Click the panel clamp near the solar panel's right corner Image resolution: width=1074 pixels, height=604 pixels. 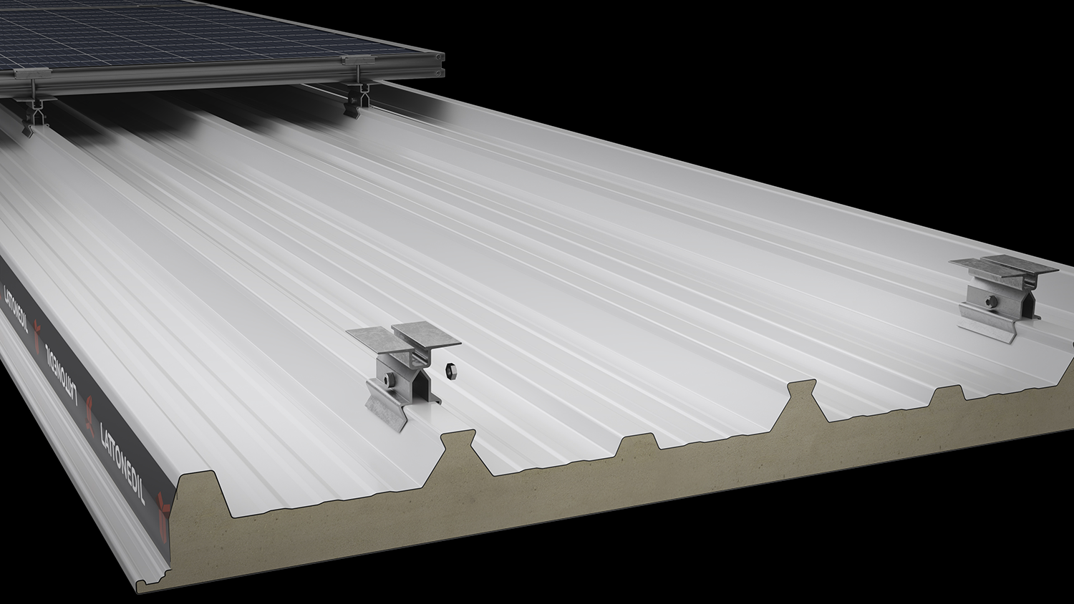point(357,59)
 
